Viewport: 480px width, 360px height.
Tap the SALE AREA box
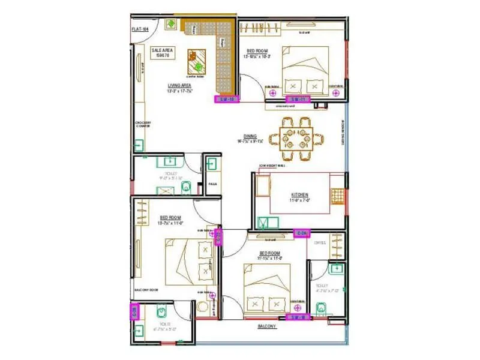pyautogui.click(x=160, y=53)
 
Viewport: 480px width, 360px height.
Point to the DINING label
pyautogui.click(x=250, y=137)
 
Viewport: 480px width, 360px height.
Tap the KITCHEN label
pyautogui.click(x=300, y=196)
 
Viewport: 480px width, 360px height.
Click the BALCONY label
pyautogui.click(x=267, y=326)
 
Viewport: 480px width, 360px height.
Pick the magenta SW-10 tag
pyautogui.click(x=227, y=99)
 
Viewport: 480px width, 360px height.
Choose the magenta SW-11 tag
pyautogui.click(x=298, y=99)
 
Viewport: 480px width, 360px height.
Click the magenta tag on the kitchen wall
pyautogui.click(x=302, y=232)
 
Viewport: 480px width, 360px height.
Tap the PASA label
pyautogui.click(x=211, y=184)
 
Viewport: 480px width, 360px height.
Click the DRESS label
pyautogui.click(x=319, y=243)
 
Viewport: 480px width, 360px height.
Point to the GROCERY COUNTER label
pyautogui.click(x=143, y=125)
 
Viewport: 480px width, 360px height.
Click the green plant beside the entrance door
pyautogui.click(x=171, y=24)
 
